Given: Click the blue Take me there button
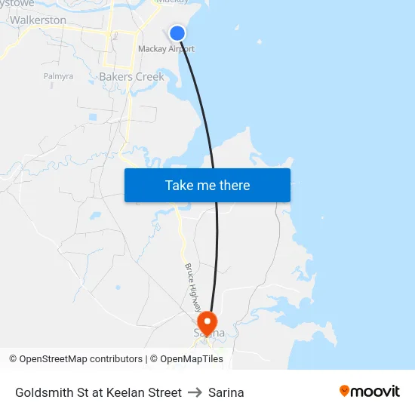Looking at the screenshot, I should pyautogui.click(x=207, y=185).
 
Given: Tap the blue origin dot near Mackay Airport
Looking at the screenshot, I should pyautogui.click(x=177, y=32).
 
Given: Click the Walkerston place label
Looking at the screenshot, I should pyautogui.click(x=38, y=20).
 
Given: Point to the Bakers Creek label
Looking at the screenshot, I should pyautogui.click(x=131, y=76).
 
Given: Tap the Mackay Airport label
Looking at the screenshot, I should pyautogui.click(x=166, y=49).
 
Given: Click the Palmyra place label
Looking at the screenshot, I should pyautogui.click(x=58, y=76).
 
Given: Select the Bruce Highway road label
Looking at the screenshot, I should pyautogui.click(x=193, y=287).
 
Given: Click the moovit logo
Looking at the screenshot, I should pyautogui.click(x=370, y=391).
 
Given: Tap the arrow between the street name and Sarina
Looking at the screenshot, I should pyautogui.click(x=195, y=392).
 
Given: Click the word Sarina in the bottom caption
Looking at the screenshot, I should pyautogui.click(x=226, y=392).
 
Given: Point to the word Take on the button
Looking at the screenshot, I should pyautogui.click(x=179, y=185).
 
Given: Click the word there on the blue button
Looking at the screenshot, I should pyautogui.click(x=234, y=185).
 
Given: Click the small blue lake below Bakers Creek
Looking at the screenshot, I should pyautogui.click(x=92, y=117).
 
